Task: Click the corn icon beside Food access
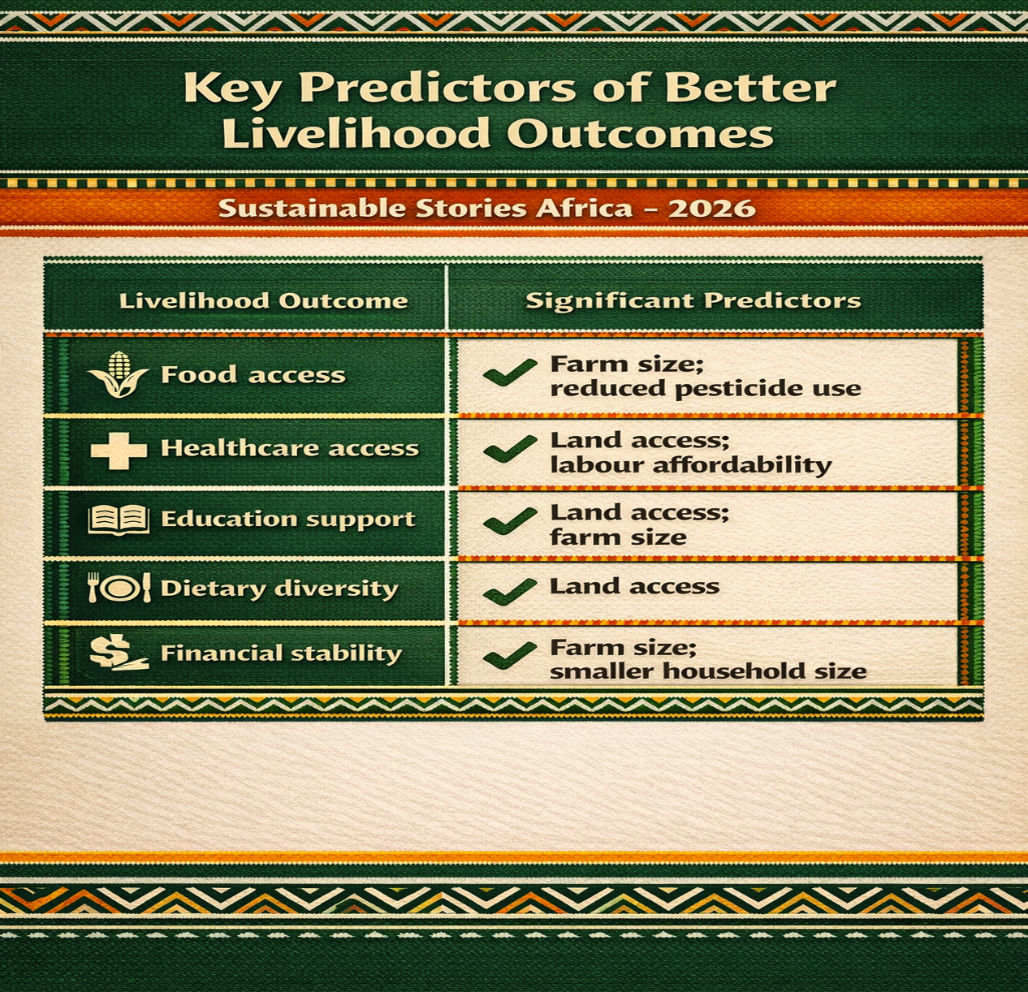tap(118, 374)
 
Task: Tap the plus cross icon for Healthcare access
tap(119, 451)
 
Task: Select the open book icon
tap(119, 520)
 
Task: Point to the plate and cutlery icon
tap(119, 588)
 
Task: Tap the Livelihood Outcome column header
tap(264, 301)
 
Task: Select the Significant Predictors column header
tap(693, 301)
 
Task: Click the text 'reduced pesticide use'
tap(706, 389)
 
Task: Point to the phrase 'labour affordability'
tap(691, 465)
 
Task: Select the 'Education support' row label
tap(288, 520)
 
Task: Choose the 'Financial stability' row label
tap(281, 653)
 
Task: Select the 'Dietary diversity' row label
tap(279, 589)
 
